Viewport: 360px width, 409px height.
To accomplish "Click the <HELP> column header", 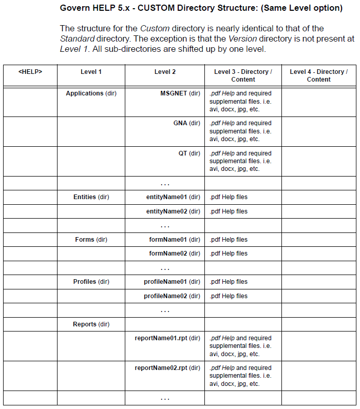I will pyautogui.click(x=30, y=72).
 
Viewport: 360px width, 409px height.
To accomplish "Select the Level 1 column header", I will pyautogui.click(x=91, y=72).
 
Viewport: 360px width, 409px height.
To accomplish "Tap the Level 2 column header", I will pyautogui.click(x=165, y=72).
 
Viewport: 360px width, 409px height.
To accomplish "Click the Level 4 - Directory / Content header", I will pyautogui.click(x=318, y=75).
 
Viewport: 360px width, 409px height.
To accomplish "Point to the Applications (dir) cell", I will pyautogui.click(x=91, y=93).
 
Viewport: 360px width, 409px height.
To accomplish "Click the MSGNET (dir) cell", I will pyautogui.click(x=180, y=93).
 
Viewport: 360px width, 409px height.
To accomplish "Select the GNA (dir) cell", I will pyautogui.click(x=186, y=123).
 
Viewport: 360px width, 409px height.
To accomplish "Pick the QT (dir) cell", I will pyautogui.click(x=189, y=153).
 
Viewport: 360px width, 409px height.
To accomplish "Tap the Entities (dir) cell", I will pyautogui.click(x=91, y=197).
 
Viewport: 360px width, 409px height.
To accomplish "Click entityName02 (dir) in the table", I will pyautogui.click(x=173, y=211).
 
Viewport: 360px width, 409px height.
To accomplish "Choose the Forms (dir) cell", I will pyautogui.click(x=91, y=240).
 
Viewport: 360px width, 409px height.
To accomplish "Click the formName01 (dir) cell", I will pyautogui.click(x=174, y=240).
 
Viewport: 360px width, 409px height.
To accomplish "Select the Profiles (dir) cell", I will pyautogui.click(x=91, y=282).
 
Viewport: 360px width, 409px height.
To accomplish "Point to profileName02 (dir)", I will pyautogui.click(x=172, y=296).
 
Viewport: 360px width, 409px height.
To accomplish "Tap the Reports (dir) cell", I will pyautogui.click(x=91, y=324).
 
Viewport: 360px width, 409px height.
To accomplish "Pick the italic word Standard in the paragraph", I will pyautogui.click(x=77, y=38).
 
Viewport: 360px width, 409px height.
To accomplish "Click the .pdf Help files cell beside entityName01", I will pyautogui.click(x=229, y=197).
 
